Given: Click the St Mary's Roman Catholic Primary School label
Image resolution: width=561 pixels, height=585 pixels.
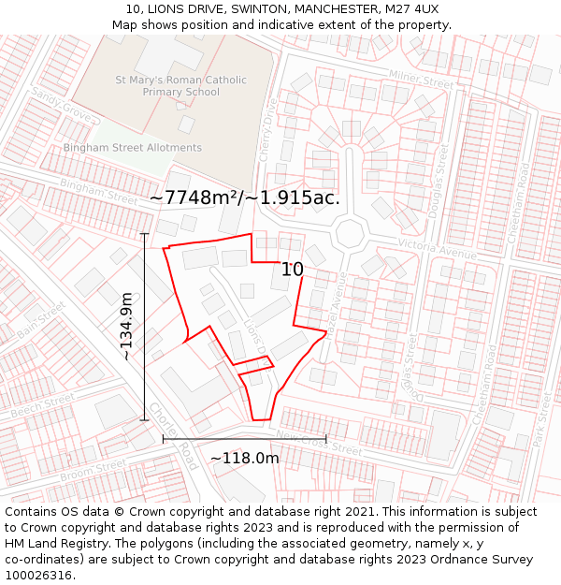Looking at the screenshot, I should (x=181, y=86).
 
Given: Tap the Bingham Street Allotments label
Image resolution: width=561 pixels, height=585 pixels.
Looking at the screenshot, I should (x=133, y=148).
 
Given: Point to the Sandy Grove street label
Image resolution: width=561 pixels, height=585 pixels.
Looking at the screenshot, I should (x=63, y=105).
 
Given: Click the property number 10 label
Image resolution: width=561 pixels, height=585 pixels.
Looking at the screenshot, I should (x=293, y=270).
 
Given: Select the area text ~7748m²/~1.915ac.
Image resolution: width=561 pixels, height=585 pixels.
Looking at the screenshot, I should (x=244, y=197).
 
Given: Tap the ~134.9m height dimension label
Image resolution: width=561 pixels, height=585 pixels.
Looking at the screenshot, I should (x=126, y=327).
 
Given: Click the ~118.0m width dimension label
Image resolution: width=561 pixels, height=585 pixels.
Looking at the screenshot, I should (x=244, y=459).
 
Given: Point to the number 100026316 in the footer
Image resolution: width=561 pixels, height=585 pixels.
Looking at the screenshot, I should (x=39, y=576).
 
